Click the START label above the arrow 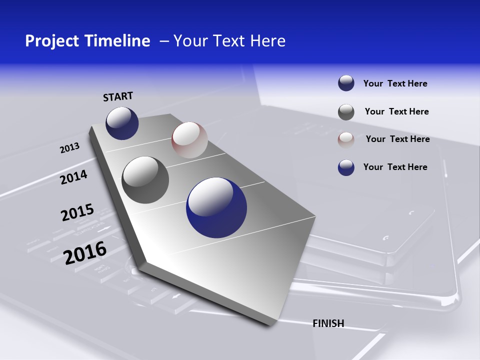(118, 96)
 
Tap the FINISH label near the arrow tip (328, 323)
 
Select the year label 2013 (69, 148)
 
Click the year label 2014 (73, 177)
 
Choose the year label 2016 (85, 252)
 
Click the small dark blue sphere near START (122, 123)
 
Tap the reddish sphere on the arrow (189, 140)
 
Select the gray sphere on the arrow (145, 180)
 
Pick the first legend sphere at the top (346, 83)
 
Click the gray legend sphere (346, 112)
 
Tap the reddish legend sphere (346, 139)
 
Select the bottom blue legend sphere (346, 167)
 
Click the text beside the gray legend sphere (396, 111)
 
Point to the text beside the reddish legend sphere (397, 139)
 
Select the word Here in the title (267, 41)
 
